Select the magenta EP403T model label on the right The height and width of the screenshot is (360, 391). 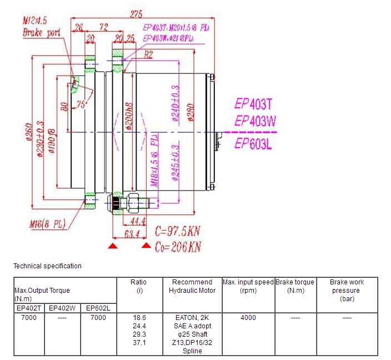(x=254, y=103)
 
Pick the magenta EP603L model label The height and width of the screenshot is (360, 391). (x=254, y=143)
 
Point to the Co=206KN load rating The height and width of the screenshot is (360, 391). (x=177, y=246)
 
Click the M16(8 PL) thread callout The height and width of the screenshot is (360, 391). (x=47, y=224)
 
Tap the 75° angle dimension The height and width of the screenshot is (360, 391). (x=83, y=104)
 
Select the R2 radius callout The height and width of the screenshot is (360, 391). (x=148, y=55)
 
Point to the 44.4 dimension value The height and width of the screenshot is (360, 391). (x=137, y=222)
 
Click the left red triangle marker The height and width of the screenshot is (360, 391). (x=113, y=246)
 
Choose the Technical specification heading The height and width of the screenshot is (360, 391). (x=47, y=266)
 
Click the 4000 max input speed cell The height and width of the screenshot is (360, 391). (x=248, y=318)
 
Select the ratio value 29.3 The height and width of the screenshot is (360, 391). (x=139, y=334)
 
